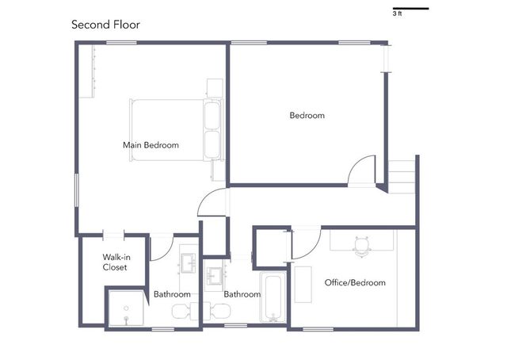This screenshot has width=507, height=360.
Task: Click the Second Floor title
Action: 105,25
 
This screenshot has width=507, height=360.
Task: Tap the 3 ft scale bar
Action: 410,9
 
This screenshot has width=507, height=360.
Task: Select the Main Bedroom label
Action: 151,145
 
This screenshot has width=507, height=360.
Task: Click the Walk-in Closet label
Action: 116,262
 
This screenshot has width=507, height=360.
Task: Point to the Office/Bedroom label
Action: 355,282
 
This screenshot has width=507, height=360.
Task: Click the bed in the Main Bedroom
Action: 176,130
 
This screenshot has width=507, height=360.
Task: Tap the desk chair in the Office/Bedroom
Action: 362,246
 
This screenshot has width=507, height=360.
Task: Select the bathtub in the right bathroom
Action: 273,297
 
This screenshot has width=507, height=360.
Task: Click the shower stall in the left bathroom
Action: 126,308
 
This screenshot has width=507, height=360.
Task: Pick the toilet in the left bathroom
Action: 185,311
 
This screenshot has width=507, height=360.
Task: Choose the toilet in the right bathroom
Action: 217,311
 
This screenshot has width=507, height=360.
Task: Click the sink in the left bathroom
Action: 189,263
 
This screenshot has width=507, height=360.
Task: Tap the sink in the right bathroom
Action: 215,276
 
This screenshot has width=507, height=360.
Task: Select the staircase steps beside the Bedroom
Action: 402,177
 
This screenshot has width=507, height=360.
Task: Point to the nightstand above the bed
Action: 215,88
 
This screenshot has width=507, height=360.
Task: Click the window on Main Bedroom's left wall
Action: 77,190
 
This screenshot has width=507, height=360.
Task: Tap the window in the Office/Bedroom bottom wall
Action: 318,329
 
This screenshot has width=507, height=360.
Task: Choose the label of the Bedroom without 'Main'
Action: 307,116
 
